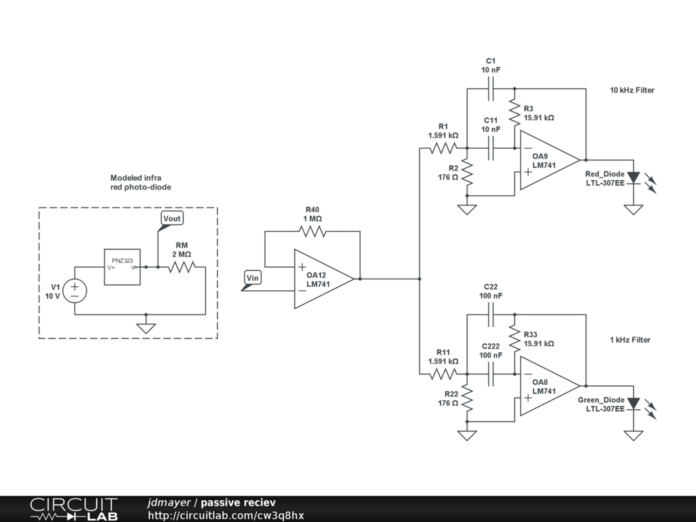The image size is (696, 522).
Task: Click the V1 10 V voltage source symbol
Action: click(75, 291)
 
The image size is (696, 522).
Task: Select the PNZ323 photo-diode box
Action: click(122, 266)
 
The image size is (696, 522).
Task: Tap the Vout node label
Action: click(172, 218)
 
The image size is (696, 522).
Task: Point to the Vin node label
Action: click(252, 278)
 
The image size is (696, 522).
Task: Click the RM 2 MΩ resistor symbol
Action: click(181, 267)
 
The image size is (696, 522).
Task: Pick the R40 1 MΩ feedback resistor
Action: click(313, 231)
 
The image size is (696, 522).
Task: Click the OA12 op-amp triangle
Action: click(324, 279)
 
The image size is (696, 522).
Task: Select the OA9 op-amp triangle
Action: click(550, 160)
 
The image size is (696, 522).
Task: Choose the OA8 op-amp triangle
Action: click(550, 386)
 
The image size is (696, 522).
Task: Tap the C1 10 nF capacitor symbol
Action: click(491, 89)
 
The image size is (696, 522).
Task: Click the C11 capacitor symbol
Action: click(491, 148)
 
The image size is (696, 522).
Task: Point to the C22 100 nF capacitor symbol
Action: click(491, 315)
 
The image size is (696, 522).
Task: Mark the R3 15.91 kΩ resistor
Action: click(515, 113)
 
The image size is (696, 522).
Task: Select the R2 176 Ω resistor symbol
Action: click(467, 172)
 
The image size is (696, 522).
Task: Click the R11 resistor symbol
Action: click(443, 375)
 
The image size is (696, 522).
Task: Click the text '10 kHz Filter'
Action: click(632, 90)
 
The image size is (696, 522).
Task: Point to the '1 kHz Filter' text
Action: click(630, 340)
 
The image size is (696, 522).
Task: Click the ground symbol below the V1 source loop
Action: click(146, 328)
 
